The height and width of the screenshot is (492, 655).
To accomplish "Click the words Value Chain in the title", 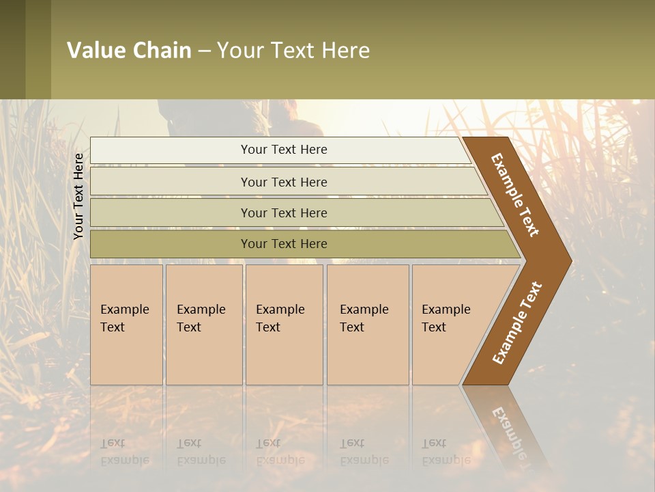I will coord(129,51).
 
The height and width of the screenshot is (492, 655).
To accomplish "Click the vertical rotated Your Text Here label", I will coord(78,196).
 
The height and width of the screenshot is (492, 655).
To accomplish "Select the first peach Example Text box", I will coord(126,325).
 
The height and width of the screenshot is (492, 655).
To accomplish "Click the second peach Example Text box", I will coord(204,325).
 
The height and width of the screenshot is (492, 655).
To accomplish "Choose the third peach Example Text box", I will coord(284,325).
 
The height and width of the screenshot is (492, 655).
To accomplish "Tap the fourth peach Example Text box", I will coord(368,325).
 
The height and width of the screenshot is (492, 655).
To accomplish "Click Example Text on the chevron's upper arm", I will coord(515,195).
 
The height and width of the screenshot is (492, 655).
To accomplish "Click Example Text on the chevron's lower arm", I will coord(517,323).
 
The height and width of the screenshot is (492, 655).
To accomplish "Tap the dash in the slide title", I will coord(204,51).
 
